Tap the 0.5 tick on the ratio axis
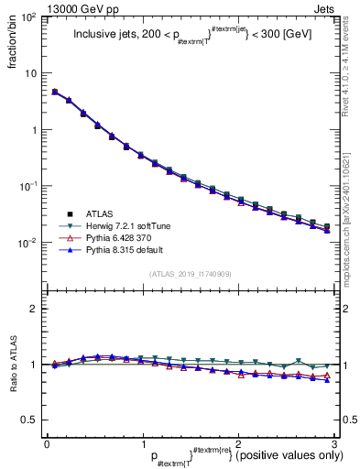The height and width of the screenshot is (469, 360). [x=31, y=420]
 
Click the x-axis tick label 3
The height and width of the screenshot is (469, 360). [x=333, y=443]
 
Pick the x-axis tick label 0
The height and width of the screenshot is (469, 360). [x=47, y=443]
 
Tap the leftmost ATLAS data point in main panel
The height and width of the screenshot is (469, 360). [x=55, y=92]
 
